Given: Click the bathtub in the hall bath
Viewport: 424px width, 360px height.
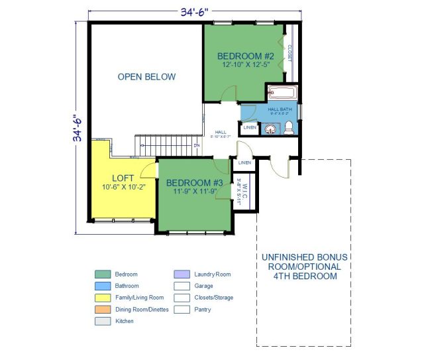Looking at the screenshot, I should coord(283,93).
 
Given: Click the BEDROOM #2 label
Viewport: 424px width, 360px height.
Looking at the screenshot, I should coord(246,56).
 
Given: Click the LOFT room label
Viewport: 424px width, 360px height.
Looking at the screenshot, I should coord(123,178).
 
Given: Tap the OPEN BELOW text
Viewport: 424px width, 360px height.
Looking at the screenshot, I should coord(146,77).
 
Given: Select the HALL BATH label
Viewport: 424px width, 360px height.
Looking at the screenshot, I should coord(280,109).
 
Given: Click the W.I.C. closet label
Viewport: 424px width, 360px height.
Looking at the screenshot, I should coord(244,188).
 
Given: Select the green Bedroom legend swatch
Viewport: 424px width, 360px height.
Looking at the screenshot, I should coord(103,274).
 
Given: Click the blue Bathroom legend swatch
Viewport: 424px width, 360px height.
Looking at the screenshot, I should coord(103,286).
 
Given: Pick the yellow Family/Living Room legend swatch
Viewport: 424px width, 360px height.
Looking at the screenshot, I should coord(103,298).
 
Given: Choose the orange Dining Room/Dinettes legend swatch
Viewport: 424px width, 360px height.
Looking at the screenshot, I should coord(103,309).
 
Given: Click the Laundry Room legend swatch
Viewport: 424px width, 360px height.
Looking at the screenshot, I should coord(182,274).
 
